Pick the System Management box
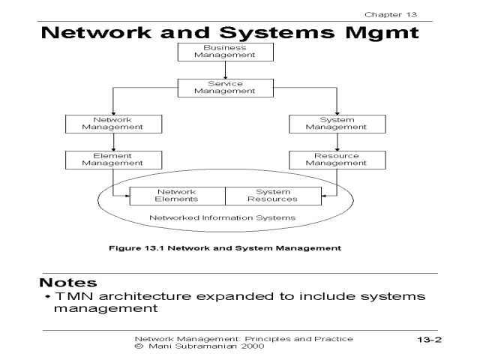337,124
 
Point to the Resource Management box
337,160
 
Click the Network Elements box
177,196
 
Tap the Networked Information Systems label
223,217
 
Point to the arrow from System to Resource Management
337,142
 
